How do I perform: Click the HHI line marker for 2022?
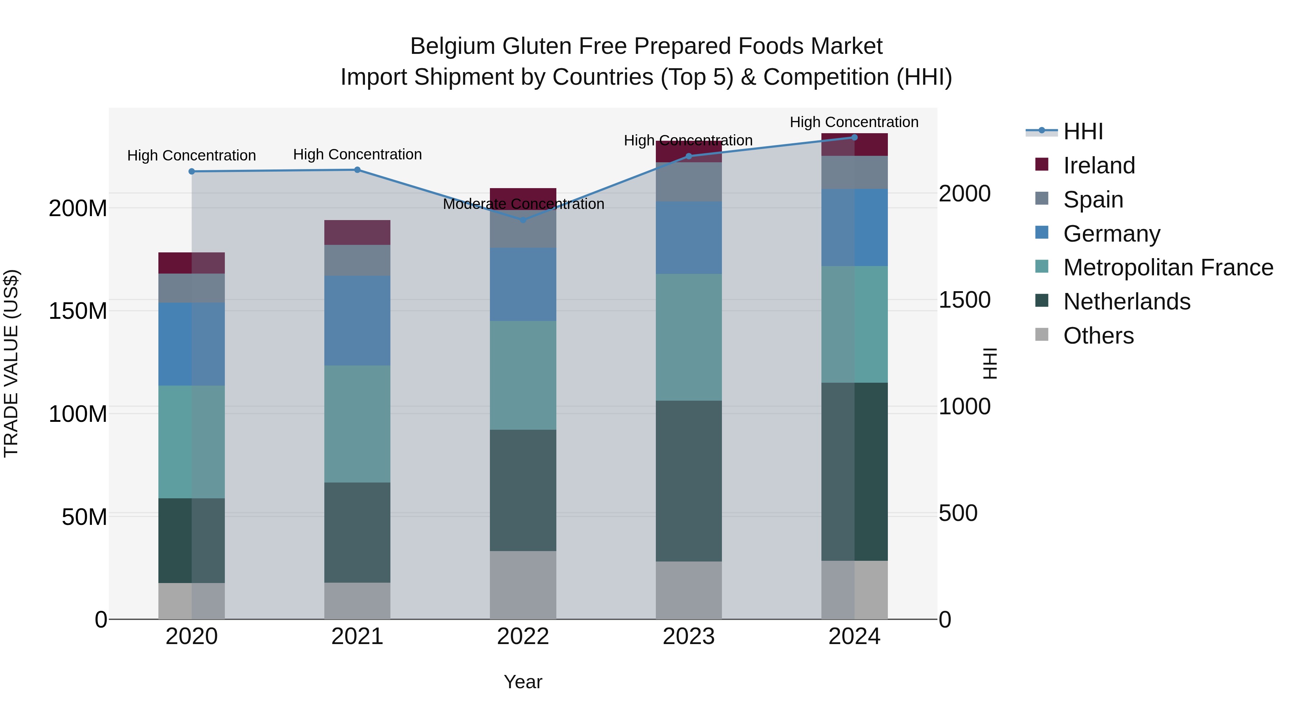click(x=523, y=220)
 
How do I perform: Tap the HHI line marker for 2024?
click(x=854, y=138)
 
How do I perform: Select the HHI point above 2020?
click(x=192, y=172)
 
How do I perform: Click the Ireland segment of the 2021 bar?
click(x=357, y=232)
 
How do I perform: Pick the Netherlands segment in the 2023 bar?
click(x=689, y=481)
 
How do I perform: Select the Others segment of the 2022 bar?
click(x=523, y=585)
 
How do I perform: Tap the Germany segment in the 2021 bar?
click(x=357, y=320)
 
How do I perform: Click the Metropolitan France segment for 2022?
click(x=523, y=375)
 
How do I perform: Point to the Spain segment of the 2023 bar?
click(x=689, y=182)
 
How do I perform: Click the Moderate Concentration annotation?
click(x=523, y=204)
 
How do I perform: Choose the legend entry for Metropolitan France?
click(x=1168, y=267)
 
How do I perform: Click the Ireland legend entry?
click(x=1099, y=166)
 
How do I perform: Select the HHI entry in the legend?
click(x=1083, y=131)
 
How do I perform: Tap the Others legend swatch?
click(x=1042, y=335)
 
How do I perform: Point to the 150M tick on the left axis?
click(x=78, y=311)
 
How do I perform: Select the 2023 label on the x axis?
click(x=689, y=637)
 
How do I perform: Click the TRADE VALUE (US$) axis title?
click(x=11, y=363)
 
